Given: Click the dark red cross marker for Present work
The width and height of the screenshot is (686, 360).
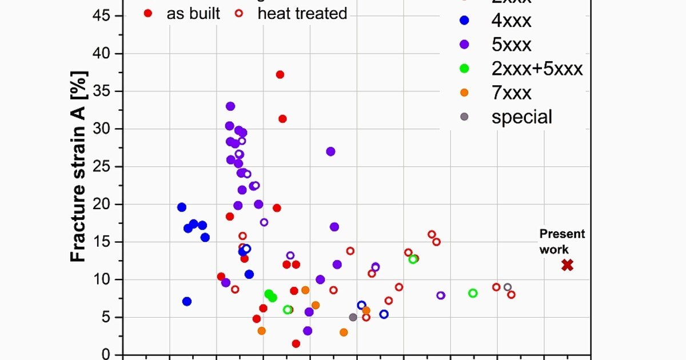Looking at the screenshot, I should tap(567, 265).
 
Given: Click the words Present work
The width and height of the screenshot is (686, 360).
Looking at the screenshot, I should tap(562, 241).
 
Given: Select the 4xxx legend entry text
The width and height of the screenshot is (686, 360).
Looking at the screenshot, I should tap(511, 21).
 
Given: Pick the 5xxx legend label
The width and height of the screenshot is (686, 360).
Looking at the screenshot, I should tap(512, 45).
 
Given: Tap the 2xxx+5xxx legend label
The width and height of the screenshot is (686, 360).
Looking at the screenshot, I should tap(537, 69).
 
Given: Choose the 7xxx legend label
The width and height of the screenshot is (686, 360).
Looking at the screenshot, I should tap(511, 93).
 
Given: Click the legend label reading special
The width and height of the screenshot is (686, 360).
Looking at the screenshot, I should tap(521, 117).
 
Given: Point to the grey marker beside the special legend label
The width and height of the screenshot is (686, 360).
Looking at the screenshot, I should tap(464, 117).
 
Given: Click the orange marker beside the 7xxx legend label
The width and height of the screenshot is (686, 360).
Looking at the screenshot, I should tap(464, 93).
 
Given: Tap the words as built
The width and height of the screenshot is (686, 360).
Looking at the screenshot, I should tap(193, 13).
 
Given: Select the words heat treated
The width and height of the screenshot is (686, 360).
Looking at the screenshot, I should tap(302, 13).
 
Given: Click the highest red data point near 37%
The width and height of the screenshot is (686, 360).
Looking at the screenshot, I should tap(280, 74).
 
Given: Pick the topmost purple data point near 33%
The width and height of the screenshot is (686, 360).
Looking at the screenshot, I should tap(230, 106).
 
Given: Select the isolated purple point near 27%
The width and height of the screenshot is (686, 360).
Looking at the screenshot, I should tap(330, 151).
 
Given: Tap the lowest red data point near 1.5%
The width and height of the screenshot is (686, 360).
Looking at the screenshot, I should tap(296, 343).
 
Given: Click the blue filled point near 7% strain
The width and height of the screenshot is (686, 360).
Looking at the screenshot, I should tap(187, 301).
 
